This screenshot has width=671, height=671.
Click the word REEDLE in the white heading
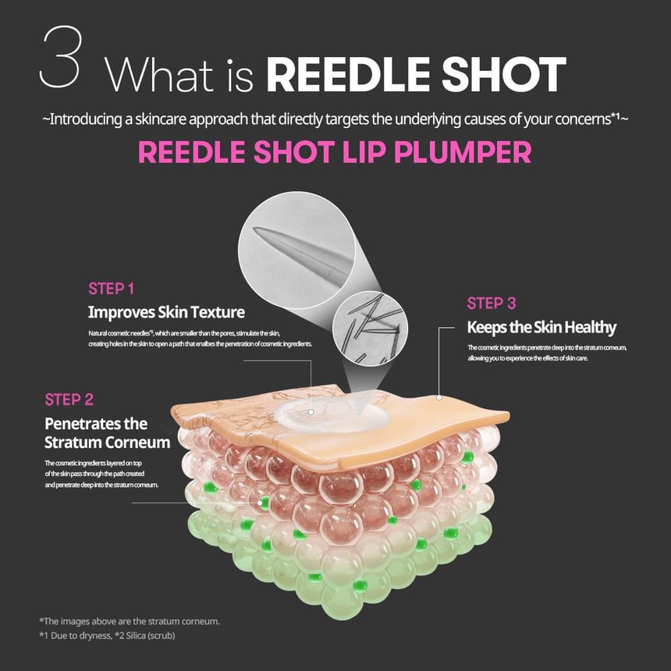pyautogui.click(x=350, y=76)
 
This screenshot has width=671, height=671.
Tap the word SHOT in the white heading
pyautogui.click(x=506, y=76)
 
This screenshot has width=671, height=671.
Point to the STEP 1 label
pyautogui.click(x=112, y=289)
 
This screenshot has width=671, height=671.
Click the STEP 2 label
pyautogui.click(x=69, y=399)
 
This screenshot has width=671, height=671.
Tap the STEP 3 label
pyautogui.click(x=492, y=304)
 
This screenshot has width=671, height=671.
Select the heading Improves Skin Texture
pyautogui.click(x=166, y=313)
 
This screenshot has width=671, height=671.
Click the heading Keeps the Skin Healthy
pyautogui.click(x=541, y=328)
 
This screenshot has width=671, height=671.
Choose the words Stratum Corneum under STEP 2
pyautogui.click(x=107, y=442)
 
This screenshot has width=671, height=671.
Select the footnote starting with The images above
pyautogui.click(x=129, y=621)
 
